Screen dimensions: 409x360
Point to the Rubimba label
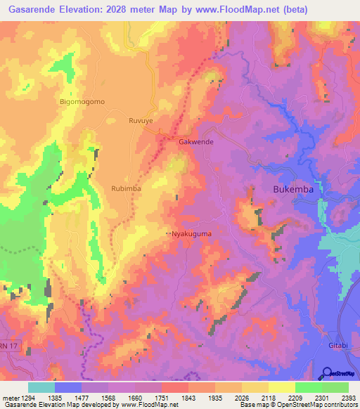[x=126, y=188]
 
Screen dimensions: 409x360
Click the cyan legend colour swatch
[x=41, y=387]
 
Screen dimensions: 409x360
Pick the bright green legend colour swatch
[x=308, y=387]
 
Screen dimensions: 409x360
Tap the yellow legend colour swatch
[x=281, y=387]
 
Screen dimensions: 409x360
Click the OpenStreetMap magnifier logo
[x=327, y=373]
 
